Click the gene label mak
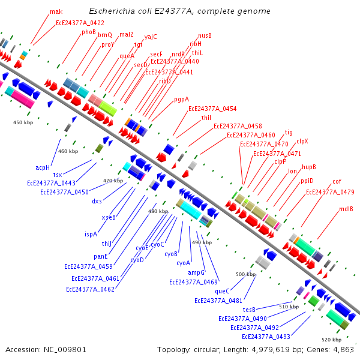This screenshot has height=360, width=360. tap(56, 11)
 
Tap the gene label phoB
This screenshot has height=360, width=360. tap(89, 32)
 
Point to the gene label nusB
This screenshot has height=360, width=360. tap(205, 35)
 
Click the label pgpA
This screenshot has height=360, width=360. tap(181, 100)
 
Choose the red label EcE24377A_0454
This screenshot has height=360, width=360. tap(212, 109)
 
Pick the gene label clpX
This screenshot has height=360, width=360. tap(302, 142)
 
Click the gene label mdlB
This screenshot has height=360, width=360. tap(346, 209)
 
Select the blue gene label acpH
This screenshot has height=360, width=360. tap(42, 167)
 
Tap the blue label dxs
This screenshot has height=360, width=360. tap(97, 201)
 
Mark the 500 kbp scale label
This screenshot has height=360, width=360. tap(245, 274)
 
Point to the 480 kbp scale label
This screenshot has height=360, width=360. tap(158, 211)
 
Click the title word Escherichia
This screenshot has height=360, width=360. tap(112, 11)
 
